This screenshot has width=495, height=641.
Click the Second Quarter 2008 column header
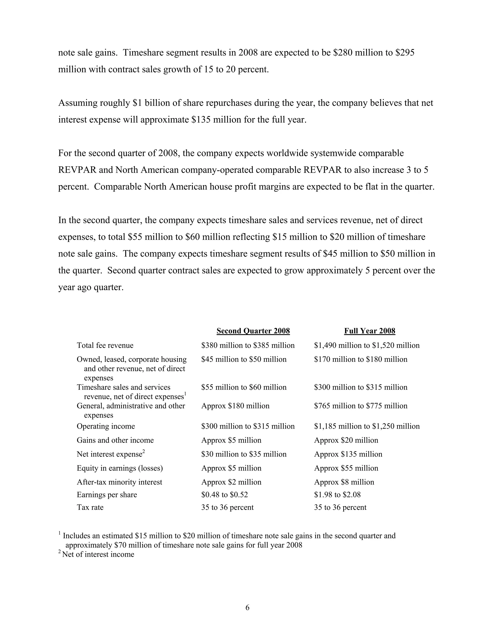pos(253,331)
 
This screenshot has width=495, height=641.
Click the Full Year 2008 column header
pos(370,331)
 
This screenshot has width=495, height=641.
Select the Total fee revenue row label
pos(105,345)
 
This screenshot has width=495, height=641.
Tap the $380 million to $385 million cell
pos(248,345)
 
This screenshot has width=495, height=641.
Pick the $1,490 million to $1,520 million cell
pos(367,345)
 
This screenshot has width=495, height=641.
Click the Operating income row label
pos(106,426)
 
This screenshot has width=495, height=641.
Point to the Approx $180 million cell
pos(235,406)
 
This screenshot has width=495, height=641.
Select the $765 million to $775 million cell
pos(361,406)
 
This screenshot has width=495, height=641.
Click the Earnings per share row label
pos(107,495)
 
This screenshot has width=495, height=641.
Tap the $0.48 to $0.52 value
pos(224,495)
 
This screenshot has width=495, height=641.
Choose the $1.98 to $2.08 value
pos(337,495)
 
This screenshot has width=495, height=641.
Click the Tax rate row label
pos(90,507)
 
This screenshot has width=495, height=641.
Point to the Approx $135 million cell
pos(348,454)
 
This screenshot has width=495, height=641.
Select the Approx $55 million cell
pos(346,468)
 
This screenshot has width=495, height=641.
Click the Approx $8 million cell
pos(344,482)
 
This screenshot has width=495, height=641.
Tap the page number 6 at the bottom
pos(247,608)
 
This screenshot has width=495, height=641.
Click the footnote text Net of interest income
pos(98,554)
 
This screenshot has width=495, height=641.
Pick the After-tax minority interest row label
pos(119,482)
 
